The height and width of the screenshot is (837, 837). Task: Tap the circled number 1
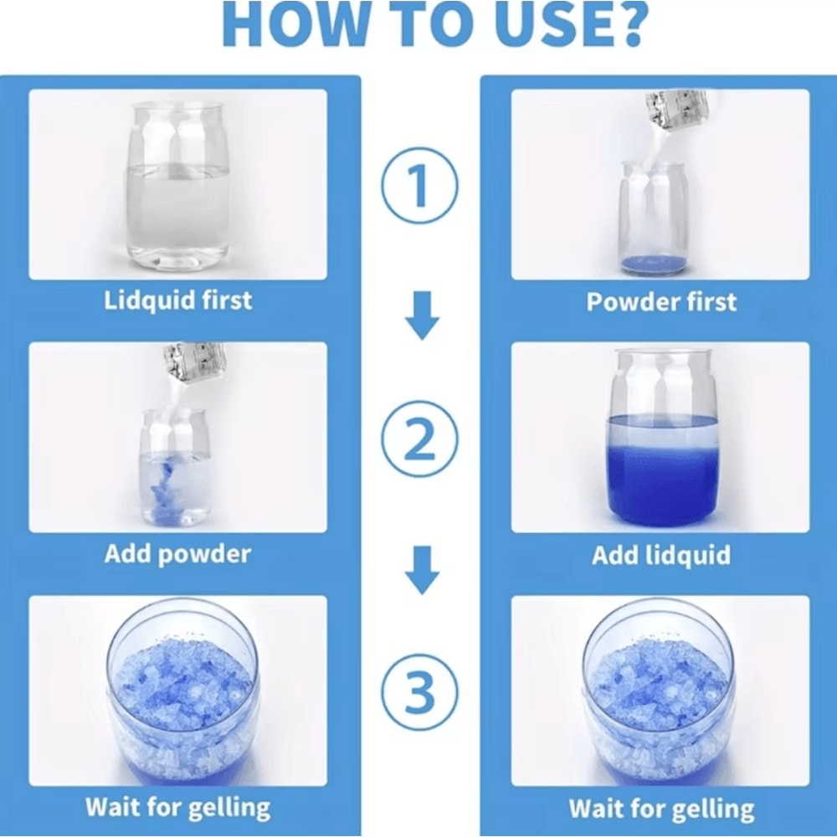(419, 185)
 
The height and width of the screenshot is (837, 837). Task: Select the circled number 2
(419, 439)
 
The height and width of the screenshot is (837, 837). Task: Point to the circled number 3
(419, 692)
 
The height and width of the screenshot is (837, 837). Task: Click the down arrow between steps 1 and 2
(422, 316)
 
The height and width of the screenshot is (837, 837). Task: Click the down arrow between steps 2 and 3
(422, 570)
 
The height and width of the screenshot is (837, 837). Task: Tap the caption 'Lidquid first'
(177, 300)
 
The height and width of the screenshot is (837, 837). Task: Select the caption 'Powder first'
(661, 301)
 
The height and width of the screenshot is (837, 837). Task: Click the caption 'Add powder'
(177, 554)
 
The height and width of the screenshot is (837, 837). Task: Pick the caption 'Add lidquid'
(661, 555)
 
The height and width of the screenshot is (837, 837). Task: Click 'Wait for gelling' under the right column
(661, 809)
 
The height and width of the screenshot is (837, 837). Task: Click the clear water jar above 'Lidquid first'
(178, 184)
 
